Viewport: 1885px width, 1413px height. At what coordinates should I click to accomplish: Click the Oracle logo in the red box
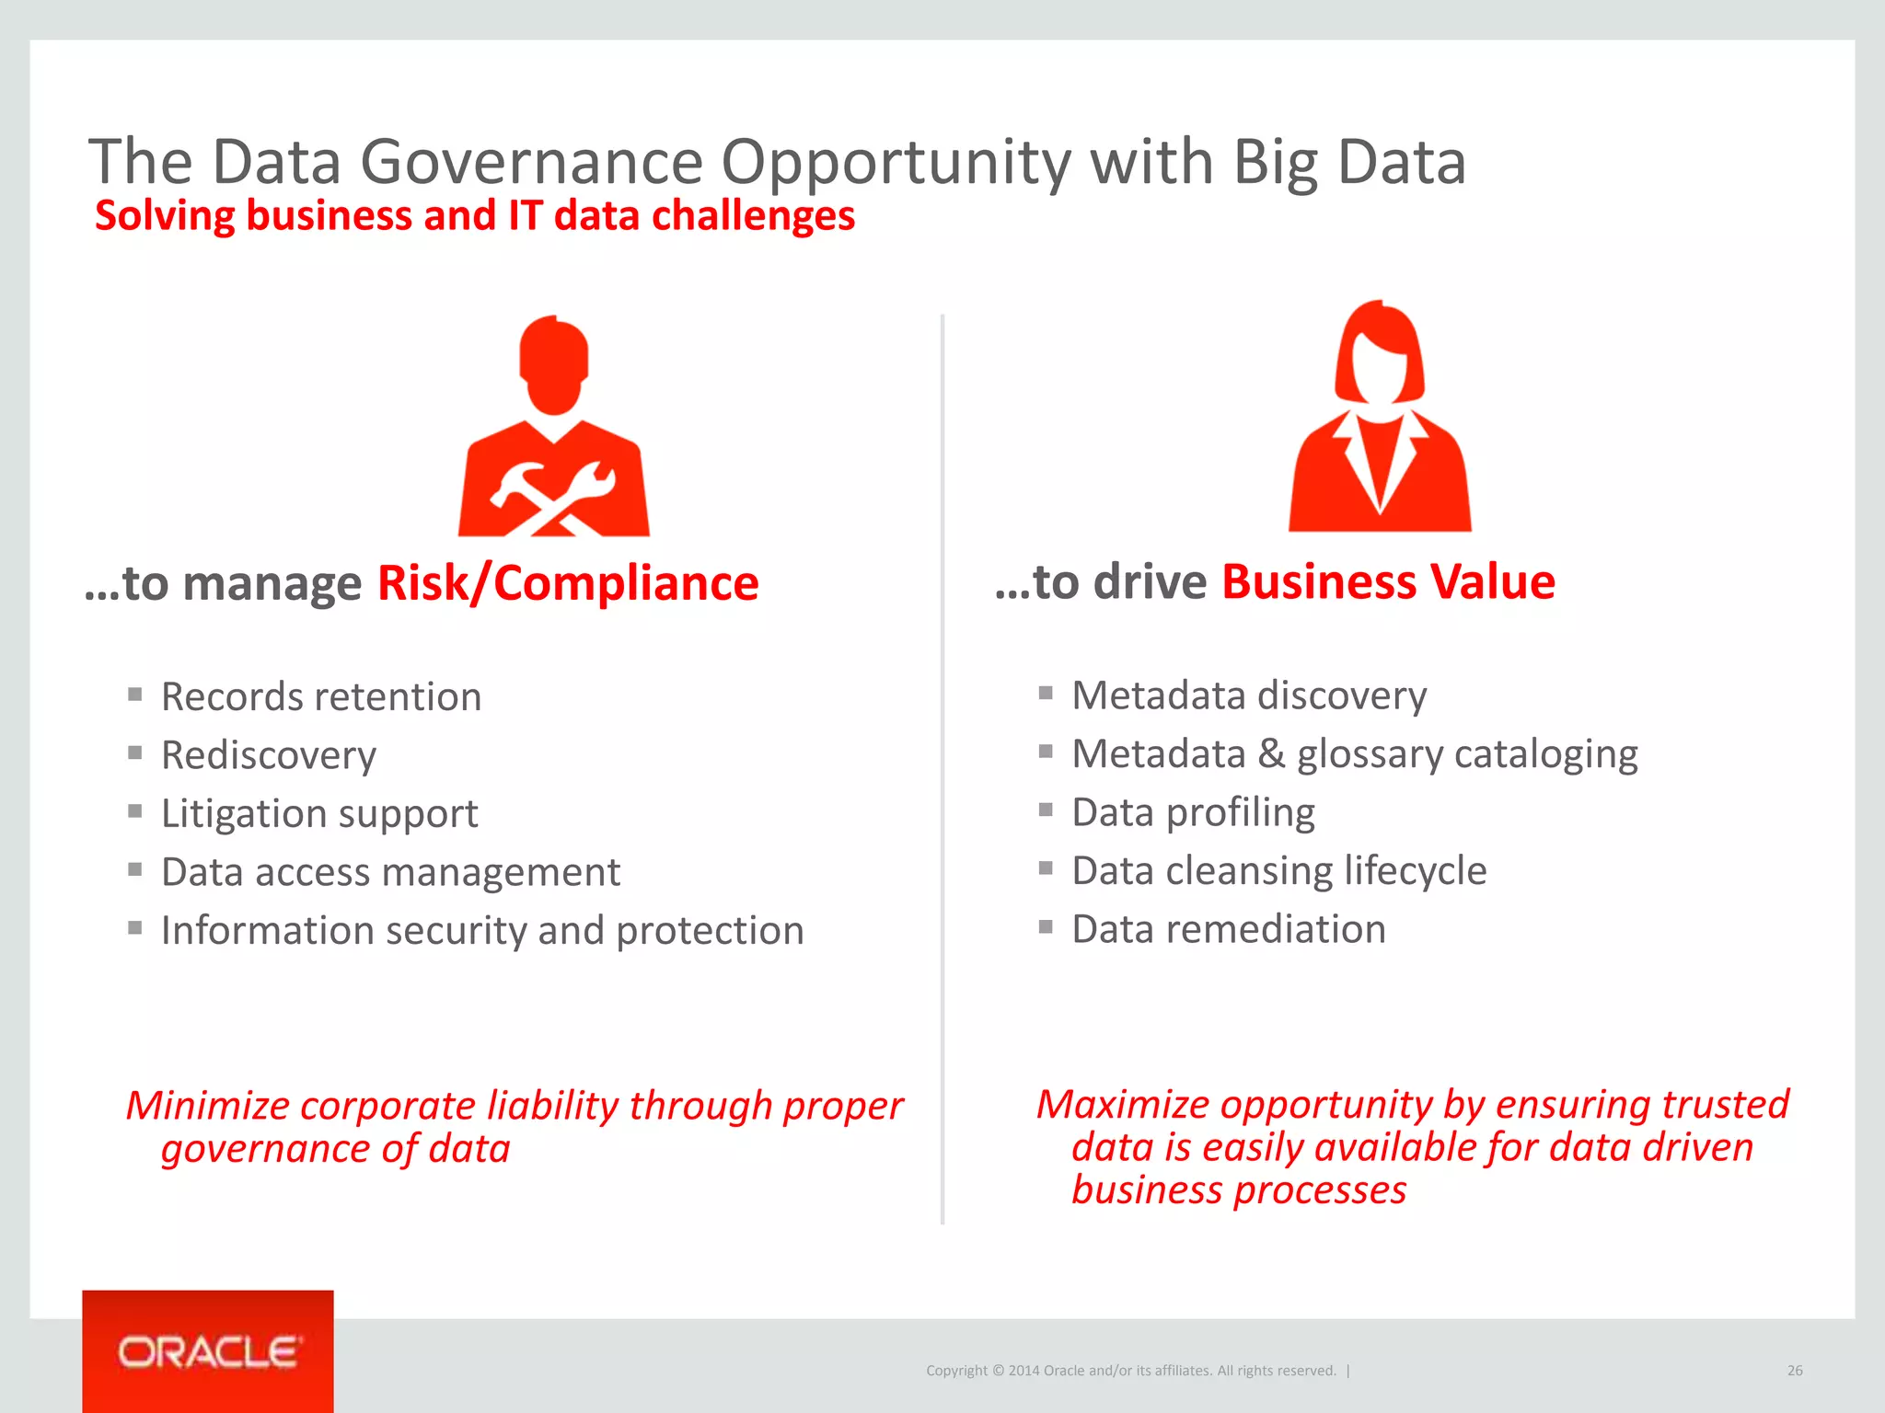pos(208,1352)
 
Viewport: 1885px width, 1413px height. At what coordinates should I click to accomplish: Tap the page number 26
pos(1794,1371)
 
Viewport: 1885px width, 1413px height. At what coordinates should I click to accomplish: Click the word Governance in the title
pos(531,162)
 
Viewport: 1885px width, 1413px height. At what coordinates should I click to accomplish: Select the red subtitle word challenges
pos(753,216)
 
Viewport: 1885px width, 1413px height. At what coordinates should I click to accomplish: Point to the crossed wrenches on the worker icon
pos(553,498)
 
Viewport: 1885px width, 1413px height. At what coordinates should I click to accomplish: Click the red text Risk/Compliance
pos(568,583)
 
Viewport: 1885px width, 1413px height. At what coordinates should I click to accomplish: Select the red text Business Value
pos(1388,582)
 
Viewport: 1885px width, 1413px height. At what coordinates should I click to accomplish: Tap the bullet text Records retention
pos(321,697)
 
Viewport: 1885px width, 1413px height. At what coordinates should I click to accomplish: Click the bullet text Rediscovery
pos(269,755)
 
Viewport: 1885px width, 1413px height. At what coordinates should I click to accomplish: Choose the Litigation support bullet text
pos(319,814)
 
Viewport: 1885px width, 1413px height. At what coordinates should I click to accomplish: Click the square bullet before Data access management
pos(135,869)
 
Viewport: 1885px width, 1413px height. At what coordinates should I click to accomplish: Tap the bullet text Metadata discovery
pos(1249,695)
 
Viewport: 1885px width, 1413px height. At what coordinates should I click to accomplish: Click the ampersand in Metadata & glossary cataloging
pos(1271,754)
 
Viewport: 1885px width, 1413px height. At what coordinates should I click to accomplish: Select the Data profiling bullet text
pos(1193,812)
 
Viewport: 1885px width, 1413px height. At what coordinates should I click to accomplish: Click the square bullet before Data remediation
pos(1046,926)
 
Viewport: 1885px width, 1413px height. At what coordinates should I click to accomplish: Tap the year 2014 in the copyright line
pos(1023,1371)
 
